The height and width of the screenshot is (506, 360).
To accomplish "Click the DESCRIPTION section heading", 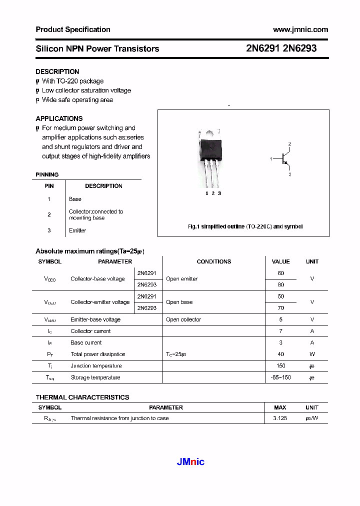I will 57,71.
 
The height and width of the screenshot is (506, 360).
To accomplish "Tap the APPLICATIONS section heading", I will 59,118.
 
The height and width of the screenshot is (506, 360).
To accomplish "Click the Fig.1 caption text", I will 245,226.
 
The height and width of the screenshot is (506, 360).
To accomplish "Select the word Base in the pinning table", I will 75,199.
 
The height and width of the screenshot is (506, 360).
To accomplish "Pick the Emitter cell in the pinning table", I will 77,230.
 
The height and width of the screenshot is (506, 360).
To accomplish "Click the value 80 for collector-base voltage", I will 280,284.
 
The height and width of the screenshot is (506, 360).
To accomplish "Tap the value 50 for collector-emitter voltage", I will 280,296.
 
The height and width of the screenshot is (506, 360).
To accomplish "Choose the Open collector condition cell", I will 183,319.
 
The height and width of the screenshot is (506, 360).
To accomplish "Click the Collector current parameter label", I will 90,331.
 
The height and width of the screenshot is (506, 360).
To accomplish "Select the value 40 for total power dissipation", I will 280,354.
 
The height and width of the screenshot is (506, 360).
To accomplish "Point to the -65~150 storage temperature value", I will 280,377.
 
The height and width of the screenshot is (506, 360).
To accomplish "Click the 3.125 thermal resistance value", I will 280,418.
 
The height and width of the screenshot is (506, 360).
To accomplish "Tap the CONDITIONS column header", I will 214,261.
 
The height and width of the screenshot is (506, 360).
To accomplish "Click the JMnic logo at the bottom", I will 190,462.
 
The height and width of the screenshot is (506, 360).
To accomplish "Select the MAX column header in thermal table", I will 280,407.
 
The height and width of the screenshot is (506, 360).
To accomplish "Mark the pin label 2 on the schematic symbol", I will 289,144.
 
